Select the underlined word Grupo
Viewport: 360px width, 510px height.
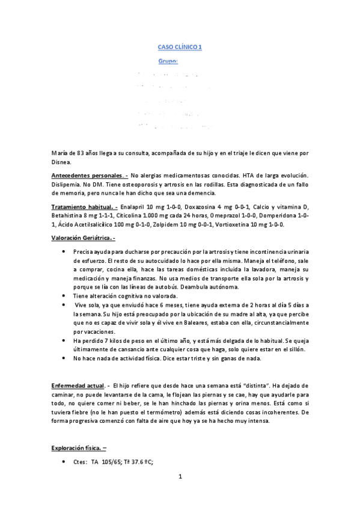168,61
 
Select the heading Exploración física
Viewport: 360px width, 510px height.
79,447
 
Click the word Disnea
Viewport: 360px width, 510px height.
61,161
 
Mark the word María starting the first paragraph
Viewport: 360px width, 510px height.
60,153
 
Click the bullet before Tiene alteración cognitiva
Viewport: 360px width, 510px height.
64,295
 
